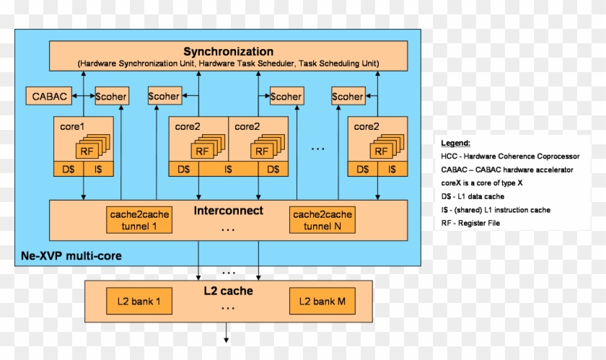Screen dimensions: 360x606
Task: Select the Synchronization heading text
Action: click(x=228, y=51)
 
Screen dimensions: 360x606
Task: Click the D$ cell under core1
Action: click(x=69, y=170)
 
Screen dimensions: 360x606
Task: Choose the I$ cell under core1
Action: click(x=98, y=170)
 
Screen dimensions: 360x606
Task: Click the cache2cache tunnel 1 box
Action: click(x=139, y=220)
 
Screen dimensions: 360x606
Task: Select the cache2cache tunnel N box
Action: click(x=322, y=220)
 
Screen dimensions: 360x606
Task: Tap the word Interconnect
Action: click(x=229, y=211)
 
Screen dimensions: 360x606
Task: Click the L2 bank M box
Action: click(x=322, y=301)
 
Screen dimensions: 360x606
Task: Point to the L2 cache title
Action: click(x=229, y=291)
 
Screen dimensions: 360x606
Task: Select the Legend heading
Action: click(x=456, y=143)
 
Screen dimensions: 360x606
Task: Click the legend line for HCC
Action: click(x=515, y=156)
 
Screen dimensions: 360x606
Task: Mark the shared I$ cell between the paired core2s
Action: click(x=228, y=170)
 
